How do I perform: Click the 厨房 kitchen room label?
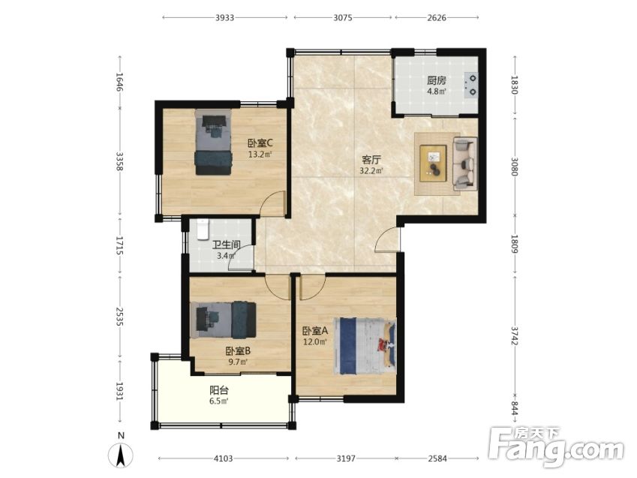tap(437, 80)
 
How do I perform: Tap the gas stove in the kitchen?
tap(471, 85)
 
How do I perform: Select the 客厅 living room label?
tap(371, 160)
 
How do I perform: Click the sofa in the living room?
tap(464, 164)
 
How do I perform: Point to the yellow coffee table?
tap(433, 163)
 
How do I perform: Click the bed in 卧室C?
tap(213, 142)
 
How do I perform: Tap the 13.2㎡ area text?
tap(260, 155)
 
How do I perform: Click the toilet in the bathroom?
tap(203, 230)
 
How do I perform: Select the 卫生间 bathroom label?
tap(227, 245)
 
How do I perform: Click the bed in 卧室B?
tap(223, 320)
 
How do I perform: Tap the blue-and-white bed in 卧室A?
tap(365, 346)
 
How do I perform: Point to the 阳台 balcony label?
tap(219, 391)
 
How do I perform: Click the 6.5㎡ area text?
tap(219, 401)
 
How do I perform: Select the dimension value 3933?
tap(224, 17)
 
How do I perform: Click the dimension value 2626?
tap(437, 17)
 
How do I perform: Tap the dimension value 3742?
tap(514, 335)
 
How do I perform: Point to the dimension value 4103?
tap(224, 458)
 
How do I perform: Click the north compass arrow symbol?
tap(121, 455)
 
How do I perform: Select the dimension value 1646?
tap(119, 82)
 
